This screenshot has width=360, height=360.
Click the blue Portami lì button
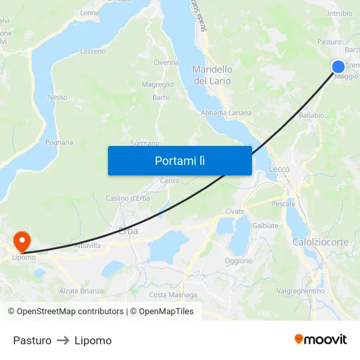(x=179, y=160)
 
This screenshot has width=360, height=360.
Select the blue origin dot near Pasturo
(x=338, y=66)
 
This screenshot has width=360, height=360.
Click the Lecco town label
(x=279, y=169)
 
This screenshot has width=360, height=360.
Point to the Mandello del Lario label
(x=212, y=75)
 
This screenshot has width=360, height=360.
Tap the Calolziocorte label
(x=321, y=242)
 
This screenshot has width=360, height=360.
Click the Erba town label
(x=129, y=230)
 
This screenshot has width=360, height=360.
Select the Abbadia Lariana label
(x=226, y=113)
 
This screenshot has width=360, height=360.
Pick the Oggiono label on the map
(x=238, y=261)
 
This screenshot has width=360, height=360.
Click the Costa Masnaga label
(x=173, y=295)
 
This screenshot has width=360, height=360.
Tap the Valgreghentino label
(x=301, y=291)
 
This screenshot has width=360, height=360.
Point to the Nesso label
(x=58, y=97)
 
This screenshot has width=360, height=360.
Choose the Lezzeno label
(x=92, y=51)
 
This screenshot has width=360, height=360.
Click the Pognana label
(x=59, y=142)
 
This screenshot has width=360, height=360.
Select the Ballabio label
(x=311, y=115)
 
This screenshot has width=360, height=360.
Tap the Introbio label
(x=339, y=13)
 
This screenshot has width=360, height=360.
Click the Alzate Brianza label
(x=82, y=291)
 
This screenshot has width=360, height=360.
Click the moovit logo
(x=321, y=339)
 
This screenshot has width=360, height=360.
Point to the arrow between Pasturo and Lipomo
(x=63, y=340)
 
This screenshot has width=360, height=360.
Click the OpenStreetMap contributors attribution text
(x=70, y=312)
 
